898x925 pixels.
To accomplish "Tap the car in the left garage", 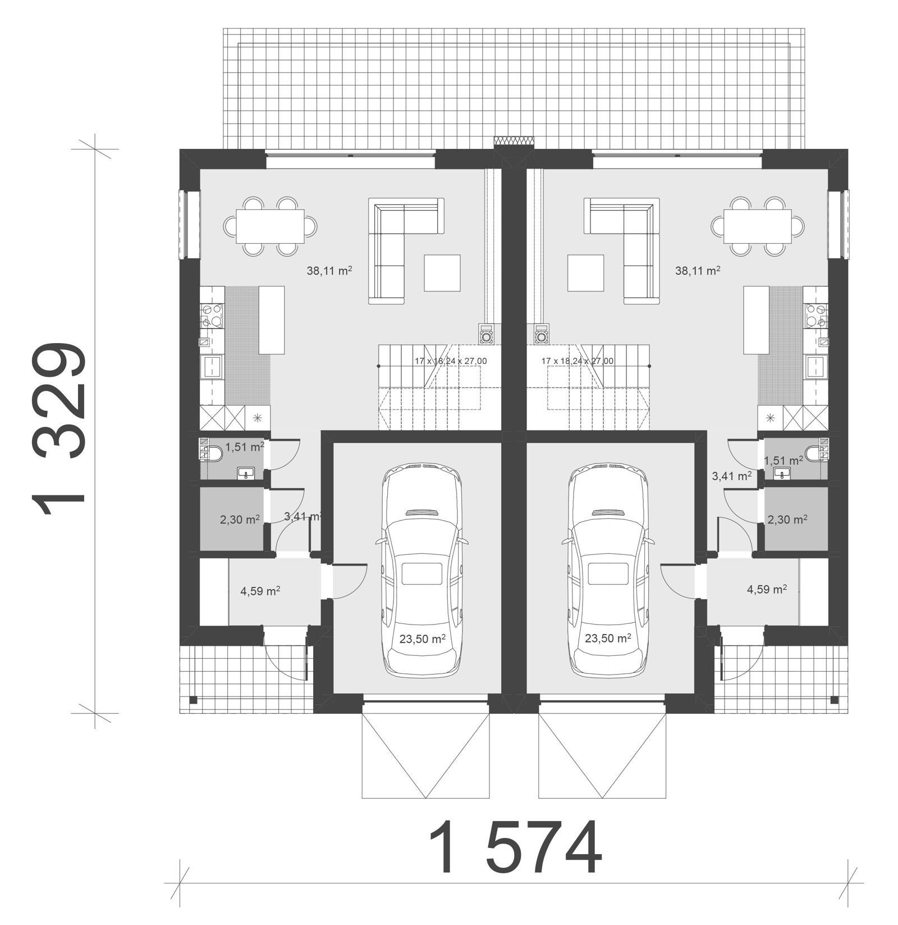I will click(x=422, y=571).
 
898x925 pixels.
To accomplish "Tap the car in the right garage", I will click(x=608, y=571).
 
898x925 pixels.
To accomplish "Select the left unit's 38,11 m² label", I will click(x=329, y=271).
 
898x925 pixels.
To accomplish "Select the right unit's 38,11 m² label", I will click(x=697, y=271).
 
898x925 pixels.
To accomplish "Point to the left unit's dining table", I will click(x=270, y=226).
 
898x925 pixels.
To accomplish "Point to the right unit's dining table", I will click(x=758, y=226).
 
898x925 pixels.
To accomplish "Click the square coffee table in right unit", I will click(x=585, y=273).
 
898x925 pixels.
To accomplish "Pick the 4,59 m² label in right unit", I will click(x=766, y=589).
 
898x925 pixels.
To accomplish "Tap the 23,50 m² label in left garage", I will click(x=423, y=639).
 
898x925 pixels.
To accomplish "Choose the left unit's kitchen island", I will click(x=271, y=320).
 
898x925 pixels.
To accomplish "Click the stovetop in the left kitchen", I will click(x=213, y=315).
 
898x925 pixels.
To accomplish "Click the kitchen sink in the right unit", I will click(x=814, y=367).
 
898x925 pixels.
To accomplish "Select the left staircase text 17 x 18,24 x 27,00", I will click(x=451, y=361).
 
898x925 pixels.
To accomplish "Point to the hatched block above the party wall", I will click(x=514, y=141).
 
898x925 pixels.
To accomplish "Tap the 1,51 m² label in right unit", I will click(x=783, y=461).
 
